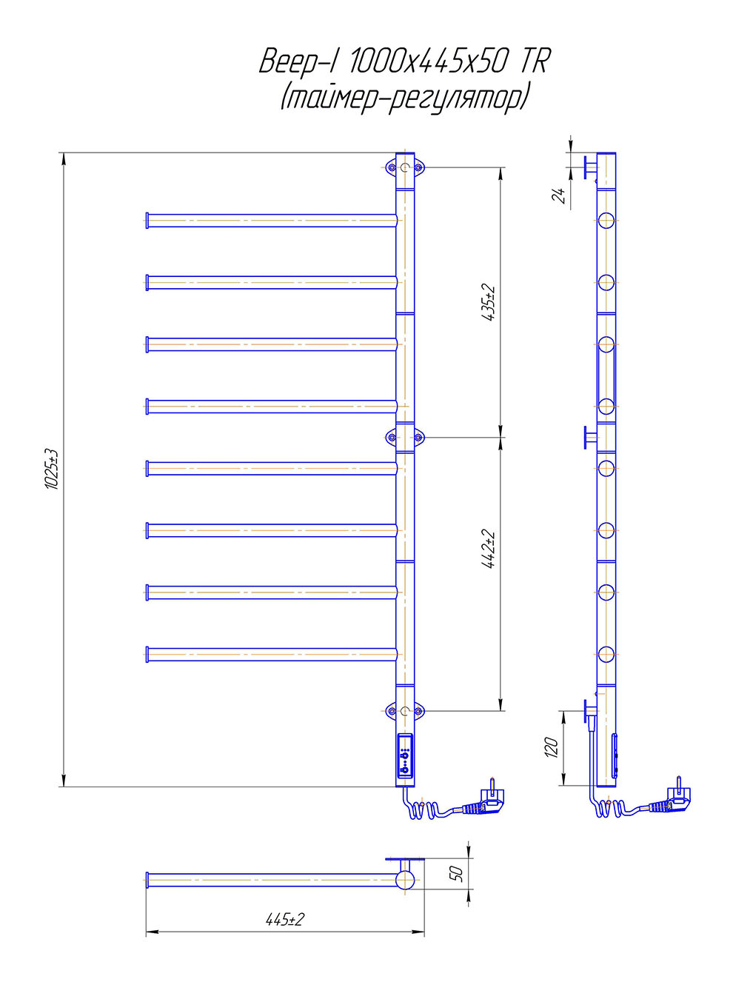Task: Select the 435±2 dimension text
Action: click(x=489, y=302)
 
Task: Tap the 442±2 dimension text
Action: click(x=489, y=549)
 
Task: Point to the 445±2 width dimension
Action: click(x=285, y=920)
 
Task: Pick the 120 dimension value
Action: click(x=552, y=747)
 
